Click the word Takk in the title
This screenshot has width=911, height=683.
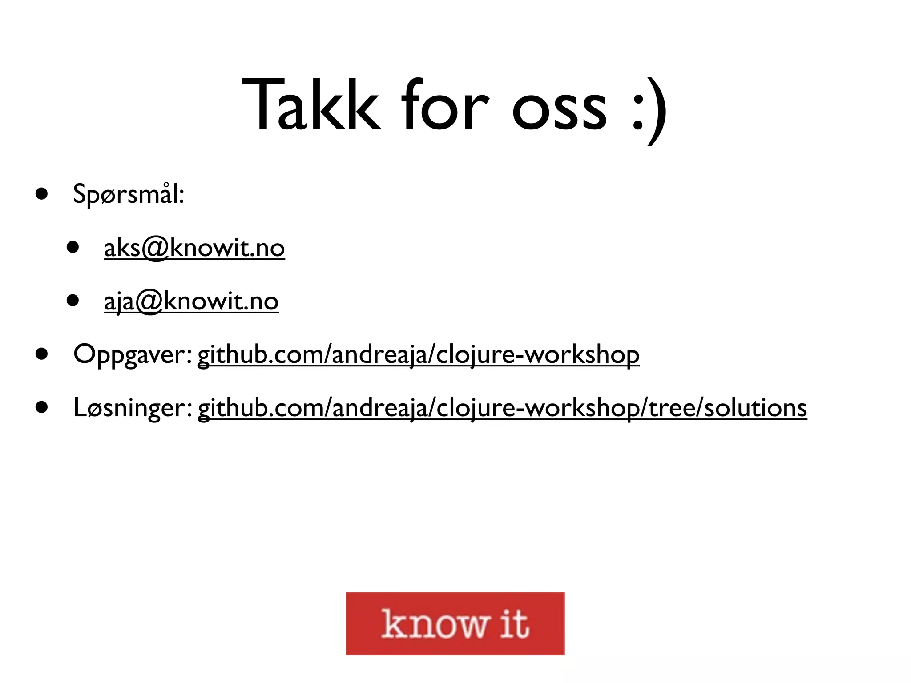[310, 106]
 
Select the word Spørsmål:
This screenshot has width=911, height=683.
[129, 194]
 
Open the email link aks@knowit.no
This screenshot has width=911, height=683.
[194, 248]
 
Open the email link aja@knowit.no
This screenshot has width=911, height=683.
[191, 301]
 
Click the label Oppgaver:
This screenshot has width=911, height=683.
[133, 355]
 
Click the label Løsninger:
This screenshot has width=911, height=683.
[133, 408]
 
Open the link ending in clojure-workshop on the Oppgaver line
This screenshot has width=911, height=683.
[418, 355]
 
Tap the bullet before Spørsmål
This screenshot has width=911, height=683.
[42, 194]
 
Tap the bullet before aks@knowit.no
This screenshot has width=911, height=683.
[73, 247]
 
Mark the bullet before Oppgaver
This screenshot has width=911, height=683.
[42, 354]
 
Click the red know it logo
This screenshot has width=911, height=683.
[455, 623]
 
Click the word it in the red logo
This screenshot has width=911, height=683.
[515, 623]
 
